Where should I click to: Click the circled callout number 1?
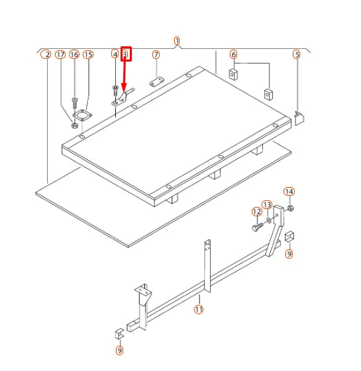[x=177, y=41]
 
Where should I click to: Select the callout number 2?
[x=46, y=55]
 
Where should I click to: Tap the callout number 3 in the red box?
[x=126, y=54]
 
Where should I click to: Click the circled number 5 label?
[x=297, y=54]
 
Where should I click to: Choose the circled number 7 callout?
[x=156, y=55]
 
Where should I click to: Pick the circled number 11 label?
[x=199, y=309]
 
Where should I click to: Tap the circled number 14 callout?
[x=289, y=191]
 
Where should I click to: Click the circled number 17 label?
[x=60, y=55]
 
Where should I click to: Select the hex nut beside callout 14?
[x=290, y=208]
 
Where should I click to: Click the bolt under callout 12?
[x=258, y=227]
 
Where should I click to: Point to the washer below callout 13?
[x=269, y=220]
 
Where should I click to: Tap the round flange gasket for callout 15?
[x=82, y=115]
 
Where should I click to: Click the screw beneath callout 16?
[x=75, y=103]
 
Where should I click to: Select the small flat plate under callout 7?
[x=157, y=81]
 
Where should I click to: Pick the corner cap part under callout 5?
[x=299, y=118]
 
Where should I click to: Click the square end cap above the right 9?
[x=289, y=237]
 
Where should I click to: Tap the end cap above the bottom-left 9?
[x=119, y=333]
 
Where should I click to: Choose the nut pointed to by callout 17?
[x=75, y=125]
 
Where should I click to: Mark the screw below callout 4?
[x=115, y=91]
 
